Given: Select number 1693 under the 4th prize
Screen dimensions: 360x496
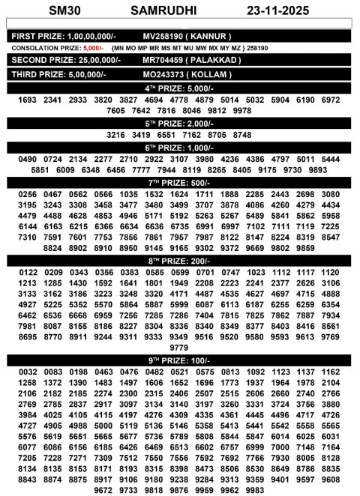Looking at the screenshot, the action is [26, 100].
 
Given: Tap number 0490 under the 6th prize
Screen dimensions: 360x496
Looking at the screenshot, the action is [27, 159].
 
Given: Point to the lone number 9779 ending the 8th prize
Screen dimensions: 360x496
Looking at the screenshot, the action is [178, 348].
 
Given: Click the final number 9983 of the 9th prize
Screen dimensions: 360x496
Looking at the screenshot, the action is [255, 489].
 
